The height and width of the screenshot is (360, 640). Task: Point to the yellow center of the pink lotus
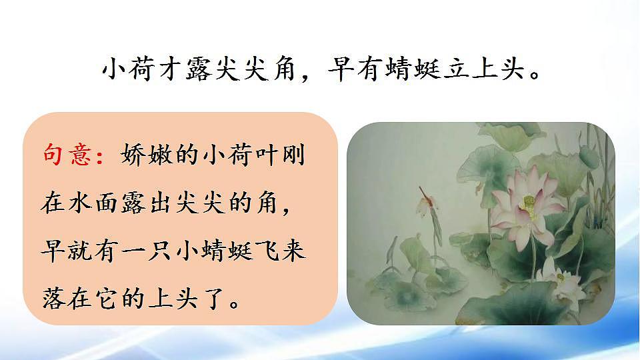(x=529, y=203)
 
